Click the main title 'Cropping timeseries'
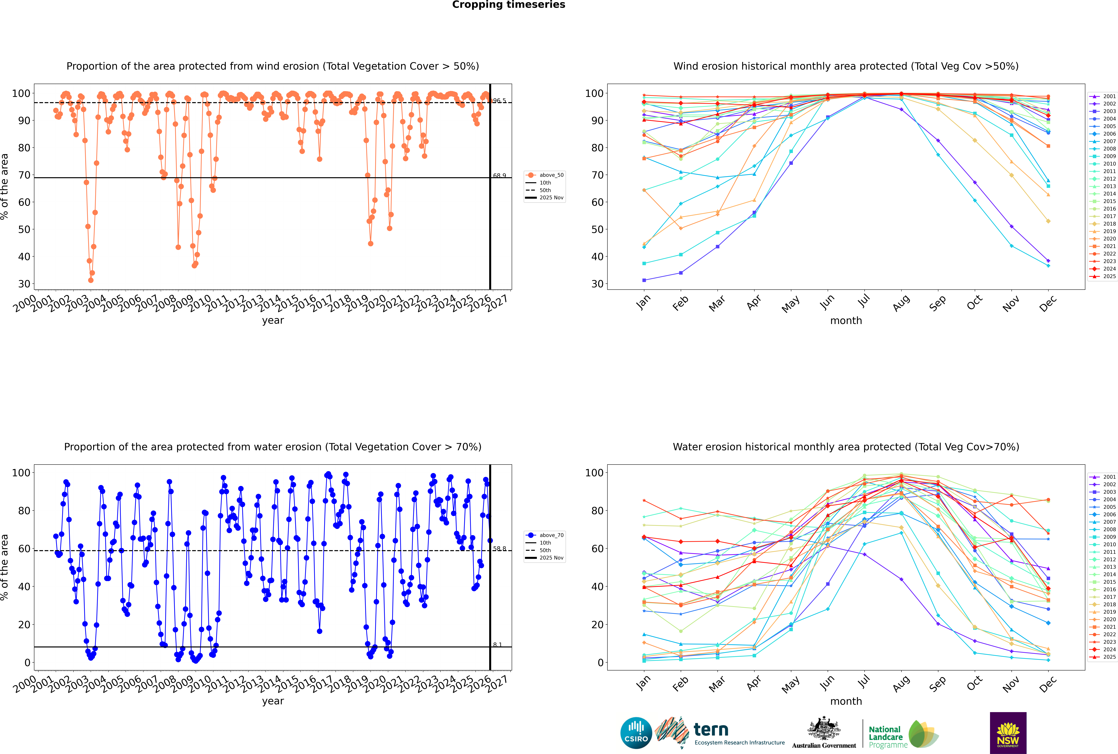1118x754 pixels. pos(508,5)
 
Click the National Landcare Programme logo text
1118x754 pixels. pos(885,737)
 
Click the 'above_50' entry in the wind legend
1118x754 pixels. pos(551,175)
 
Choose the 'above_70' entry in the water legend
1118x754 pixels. pos(551,535)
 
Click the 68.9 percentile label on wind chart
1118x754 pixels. pos(499,176)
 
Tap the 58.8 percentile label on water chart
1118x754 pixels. pos(499,549)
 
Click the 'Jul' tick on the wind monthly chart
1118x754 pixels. pos(864,301)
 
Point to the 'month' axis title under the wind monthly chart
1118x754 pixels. pos(846,321)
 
